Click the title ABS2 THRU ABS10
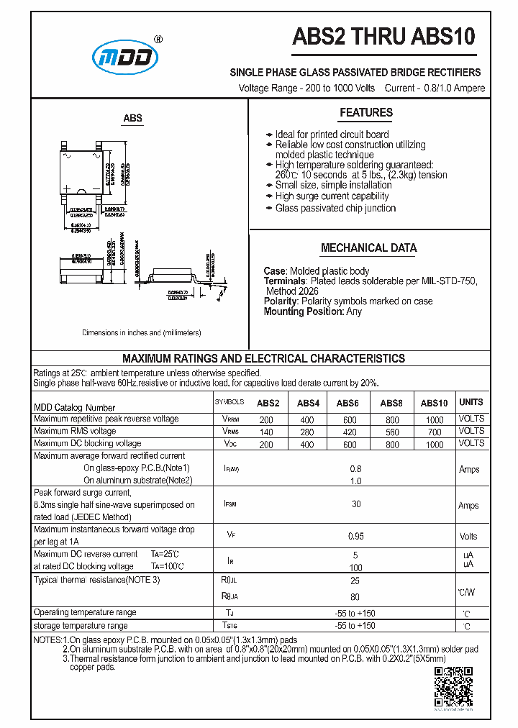pyautogui.click(x=383, y=37)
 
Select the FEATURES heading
pyautogui.click(x=366, y=112)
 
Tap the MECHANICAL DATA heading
pyautogui.click(x=368, y=248)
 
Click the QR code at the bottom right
pyautogui.click(x=454, y=688)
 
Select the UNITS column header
pyautogui.click(x=471, y=402)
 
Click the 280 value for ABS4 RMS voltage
pyautogui.click(x=307, y=432)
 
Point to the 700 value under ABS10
pyautogui.click(x=434, y=432)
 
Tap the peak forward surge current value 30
pyautogui.click(x=356, y=504)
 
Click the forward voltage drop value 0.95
pyautogui.click(x=355, y=536)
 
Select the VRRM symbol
pyautogui.click(x=230, y=419)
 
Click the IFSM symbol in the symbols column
pyautogui.click(x=230, y=505)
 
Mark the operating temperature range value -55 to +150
pyautogui.click(x=355, y=614)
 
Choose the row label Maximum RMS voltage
pyautogui.click(x=75, y=431)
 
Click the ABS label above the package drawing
pyautogui.click(x=132, y=118)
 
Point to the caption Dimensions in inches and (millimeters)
pyautogui.click(x=142, y=333)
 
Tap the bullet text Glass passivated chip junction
pyautogui.click(x=335, y=209)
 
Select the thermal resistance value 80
pyautogui.click(x=355, y=596)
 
